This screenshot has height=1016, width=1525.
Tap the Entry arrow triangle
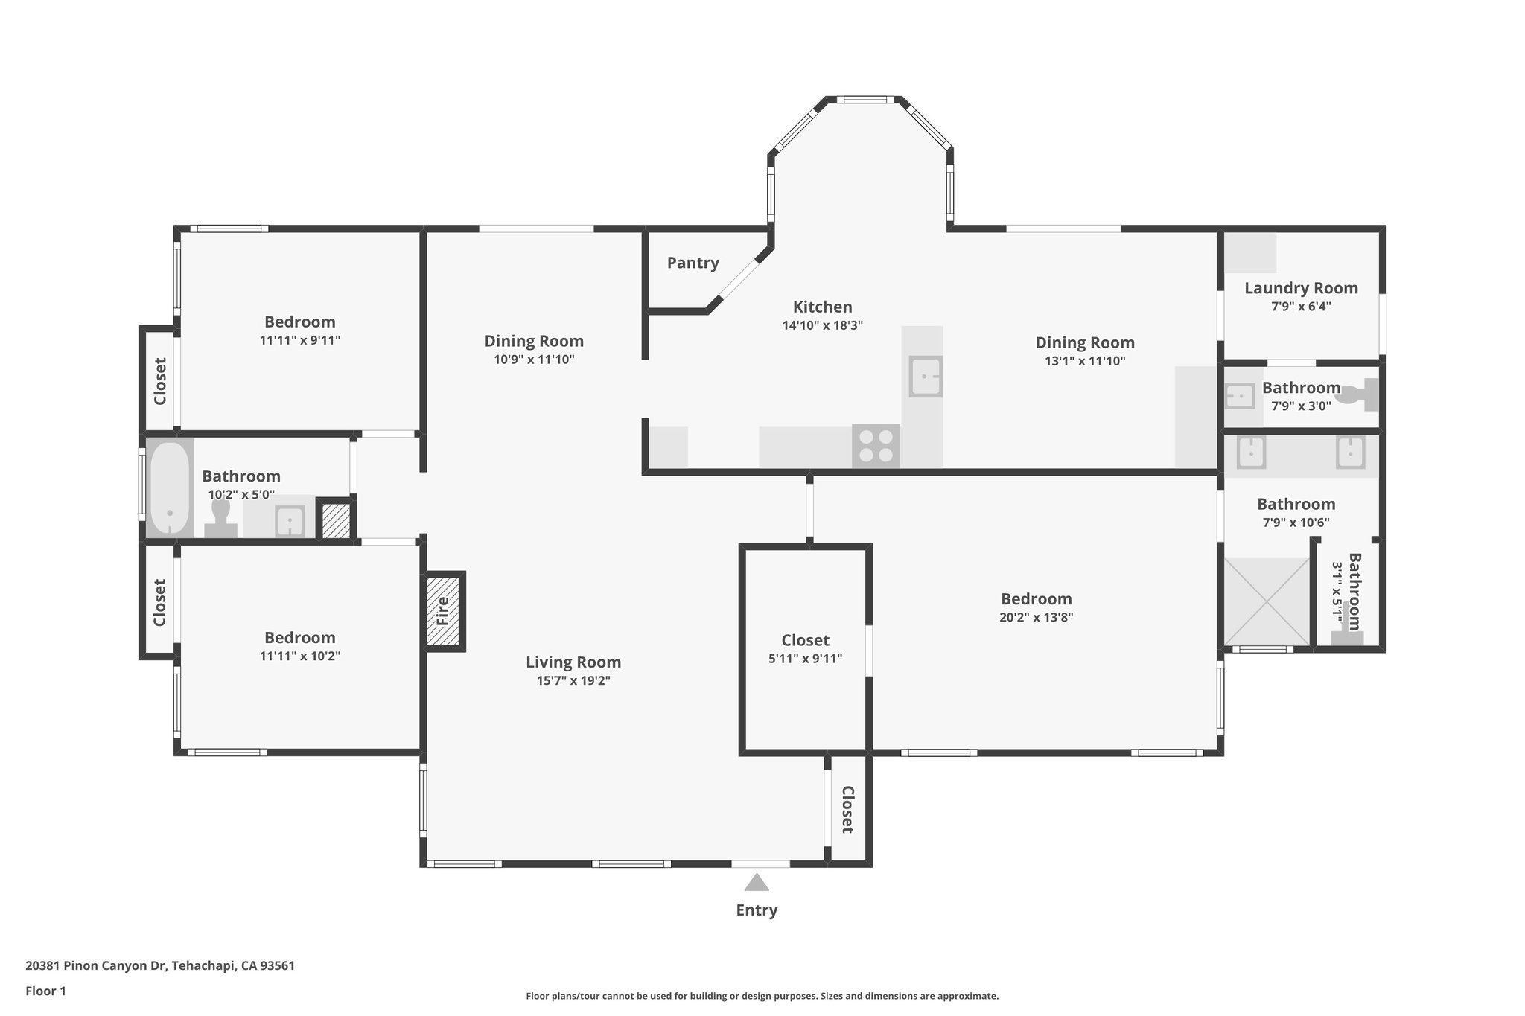(x=757, y=883)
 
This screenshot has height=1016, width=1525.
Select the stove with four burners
(x=876, y=446)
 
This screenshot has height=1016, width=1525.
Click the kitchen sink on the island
(x=925, y=377)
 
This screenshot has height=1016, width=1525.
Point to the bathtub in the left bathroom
(x=169, y=488)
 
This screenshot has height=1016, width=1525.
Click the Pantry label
(x=693, y=263)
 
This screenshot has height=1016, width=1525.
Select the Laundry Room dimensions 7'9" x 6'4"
(x=1300, y=306)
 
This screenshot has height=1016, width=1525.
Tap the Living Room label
(x=573, y=662)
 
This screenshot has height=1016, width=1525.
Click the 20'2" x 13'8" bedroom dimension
(x=1036, y=617)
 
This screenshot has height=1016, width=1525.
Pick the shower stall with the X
(x=1267, y=601)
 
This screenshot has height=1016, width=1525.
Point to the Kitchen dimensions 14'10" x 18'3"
(x=822, y=325)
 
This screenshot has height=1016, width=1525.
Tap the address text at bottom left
(x=160, y=966)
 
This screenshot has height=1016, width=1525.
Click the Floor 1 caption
(x=45, y=991)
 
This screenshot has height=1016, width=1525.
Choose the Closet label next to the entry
(x=847, y=809)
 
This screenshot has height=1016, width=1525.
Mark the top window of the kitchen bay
(x=864, y=100)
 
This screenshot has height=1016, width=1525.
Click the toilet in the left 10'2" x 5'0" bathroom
(x=220, y=518)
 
